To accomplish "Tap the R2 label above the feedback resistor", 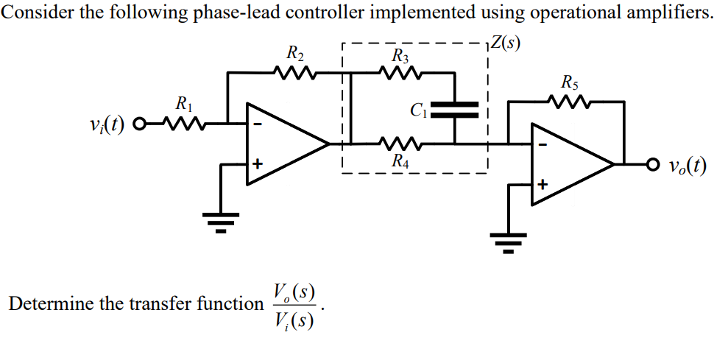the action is pos(295,54).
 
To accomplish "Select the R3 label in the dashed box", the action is pos(400,57).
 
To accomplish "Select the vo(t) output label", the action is pos(688,166).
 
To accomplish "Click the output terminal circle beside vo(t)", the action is pos(653,164).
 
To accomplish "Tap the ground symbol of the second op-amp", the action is pos(509,243).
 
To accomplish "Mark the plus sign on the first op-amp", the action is pos(257,164).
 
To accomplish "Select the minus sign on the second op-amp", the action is pos(542,145).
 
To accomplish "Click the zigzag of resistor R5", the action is pos(569,101).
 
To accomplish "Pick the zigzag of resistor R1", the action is pos(183,124).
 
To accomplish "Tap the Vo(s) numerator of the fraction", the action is pos(294,292).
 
